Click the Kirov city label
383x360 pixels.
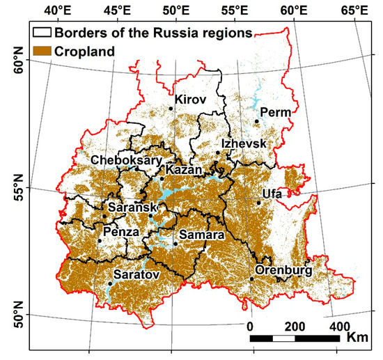[191, 100]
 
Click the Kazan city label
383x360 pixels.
[183, 170]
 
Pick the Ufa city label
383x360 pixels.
[272, 194]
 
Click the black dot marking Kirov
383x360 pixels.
[171, 108]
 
